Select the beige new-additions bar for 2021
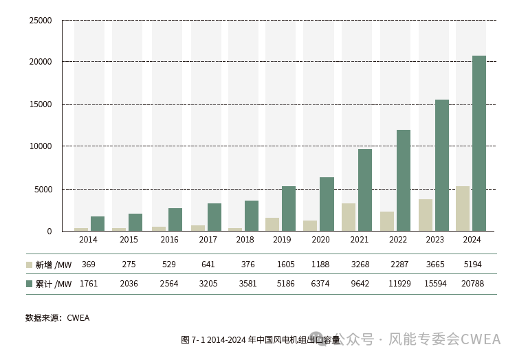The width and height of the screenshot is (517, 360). click(x=349, y=217)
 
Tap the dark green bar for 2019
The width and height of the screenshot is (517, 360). click(x=289, y=208)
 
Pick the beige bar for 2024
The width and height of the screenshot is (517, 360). click(x=463, y=208)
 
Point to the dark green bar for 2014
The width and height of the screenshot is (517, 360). click(x=98, y=224)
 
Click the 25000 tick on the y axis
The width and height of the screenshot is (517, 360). click(x=41, y=21)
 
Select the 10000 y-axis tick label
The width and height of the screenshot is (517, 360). click(x=41, y=146)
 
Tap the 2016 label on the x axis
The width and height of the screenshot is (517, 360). click(x=169, y=240)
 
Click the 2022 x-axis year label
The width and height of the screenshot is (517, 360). click(x=398, y=240)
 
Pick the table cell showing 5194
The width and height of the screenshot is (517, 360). click(x=472, y=265)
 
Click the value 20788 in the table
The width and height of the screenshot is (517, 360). click(x=472, y=284)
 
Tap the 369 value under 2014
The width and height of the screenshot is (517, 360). click(x=88, y=265)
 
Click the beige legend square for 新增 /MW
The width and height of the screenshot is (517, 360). click(x=30, y=265)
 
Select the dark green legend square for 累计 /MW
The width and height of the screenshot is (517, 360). click(x=30, y=284)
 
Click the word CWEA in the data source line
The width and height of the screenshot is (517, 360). click(x=78, y=318)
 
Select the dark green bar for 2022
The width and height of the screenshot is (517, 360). click(x=404, y=180)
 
